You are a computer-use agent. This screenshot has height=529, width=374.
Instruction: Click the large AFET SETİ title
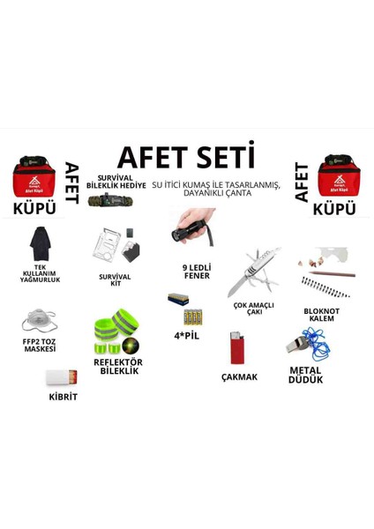pos(185,157)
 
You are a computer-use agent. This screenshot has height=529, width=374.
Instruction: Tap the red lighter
pos(235,348)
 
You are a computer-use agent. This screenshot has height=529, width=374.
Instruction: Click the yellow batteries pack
pos(192,317)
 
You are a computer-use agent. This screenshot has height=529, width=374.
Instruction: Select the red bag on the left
pos(34,177)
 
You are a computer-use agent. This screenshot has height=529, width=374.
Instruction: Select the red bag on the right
pos(338,176)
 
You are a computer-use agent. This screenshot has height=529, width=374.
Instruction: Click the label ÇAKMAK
pos(239,376)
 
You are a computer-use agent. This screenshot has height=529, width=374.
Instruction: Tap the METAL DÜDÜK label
pos(305,375)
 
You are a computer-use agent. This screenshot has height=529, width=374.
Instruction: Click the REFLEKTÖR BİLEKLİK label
pos(117,366)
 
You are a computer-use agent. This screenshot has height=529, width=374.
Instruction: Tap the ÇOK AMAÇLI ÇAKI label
pos(254,308)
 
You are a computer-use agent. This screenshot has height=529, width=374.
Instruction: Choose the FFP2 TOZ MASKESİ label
pos(40,345)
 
